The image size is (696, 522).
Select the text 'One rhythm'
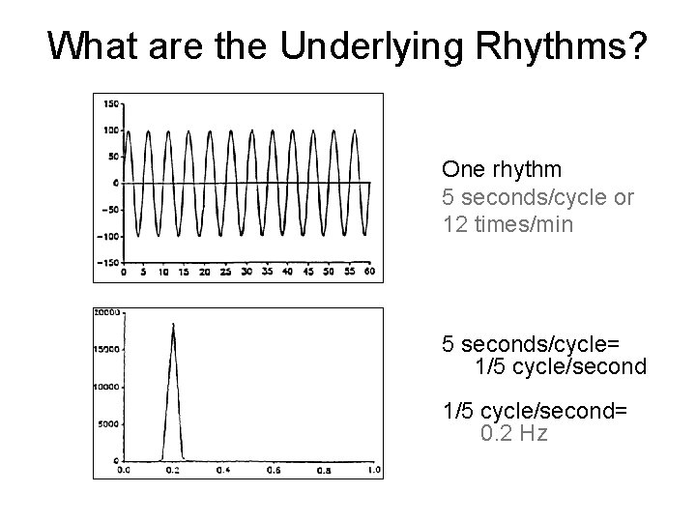point(501,170)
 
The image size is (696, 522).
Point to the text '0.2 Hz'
point(513,433)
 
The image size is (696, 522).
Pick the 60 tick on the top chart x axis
point(369,272)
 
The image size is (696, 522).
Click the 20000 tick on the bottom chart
point(107,312)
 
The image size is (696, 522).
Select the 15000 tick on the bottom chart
point(107,349)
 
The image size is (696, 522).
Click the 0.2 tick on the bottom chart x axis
point(173,471)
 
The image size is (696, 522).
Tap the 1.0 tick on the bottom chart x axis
point(373,471)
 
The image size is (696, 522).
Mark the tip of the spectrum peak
point(173,324)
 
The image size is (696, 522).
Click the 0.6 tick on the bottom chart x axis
point(274,471)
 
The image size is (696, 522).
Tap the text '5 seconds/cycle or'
point(537,196)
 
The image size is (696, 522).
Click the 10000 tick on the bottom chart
point(107,387)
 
